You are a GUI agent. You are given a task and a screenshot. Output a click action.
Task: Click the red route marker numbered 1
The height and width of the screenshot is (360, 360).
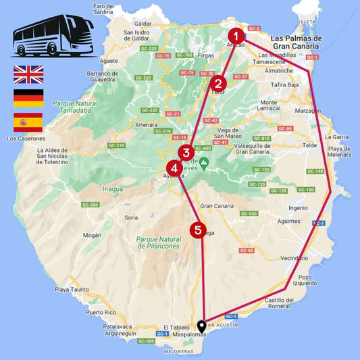235,36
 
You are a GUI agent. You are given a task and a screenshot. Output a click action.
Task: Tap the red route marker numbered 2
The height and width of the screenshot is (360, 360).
217,84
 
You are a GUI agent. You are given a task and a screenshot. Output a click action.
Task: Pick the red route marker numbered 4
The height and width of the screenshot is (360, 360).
174,168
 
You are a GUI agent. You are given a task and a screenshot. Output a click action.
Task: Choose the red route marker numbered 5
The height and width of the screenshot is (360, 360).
197,230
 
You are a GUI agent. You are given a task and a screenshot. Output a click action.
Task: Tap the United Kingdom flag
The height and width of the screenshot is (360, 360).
28,74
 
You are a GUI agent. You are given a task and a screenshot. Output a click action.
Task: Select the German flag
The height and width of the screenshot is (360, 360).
28,99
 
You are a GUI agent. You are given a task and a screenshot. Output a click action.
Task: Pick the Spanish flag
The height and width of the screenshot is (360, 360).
28,122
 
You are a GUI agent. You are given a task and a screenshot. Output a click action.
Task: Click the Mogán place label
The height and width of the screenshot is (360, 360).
93,236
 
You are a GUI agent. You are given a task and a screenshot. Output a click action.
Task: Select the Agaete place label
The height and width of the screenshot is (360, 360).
108,60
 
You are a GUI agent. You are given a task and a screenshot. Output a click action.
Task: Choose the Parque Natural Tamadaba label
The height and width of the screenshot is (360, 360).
78,107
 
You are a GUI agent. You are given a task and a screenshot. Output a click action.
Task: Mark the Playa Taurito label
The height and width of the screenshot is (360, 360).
72,289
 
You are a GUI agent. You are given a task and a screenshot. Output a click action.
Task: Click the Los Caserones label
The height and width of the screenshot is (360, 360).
24,138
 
